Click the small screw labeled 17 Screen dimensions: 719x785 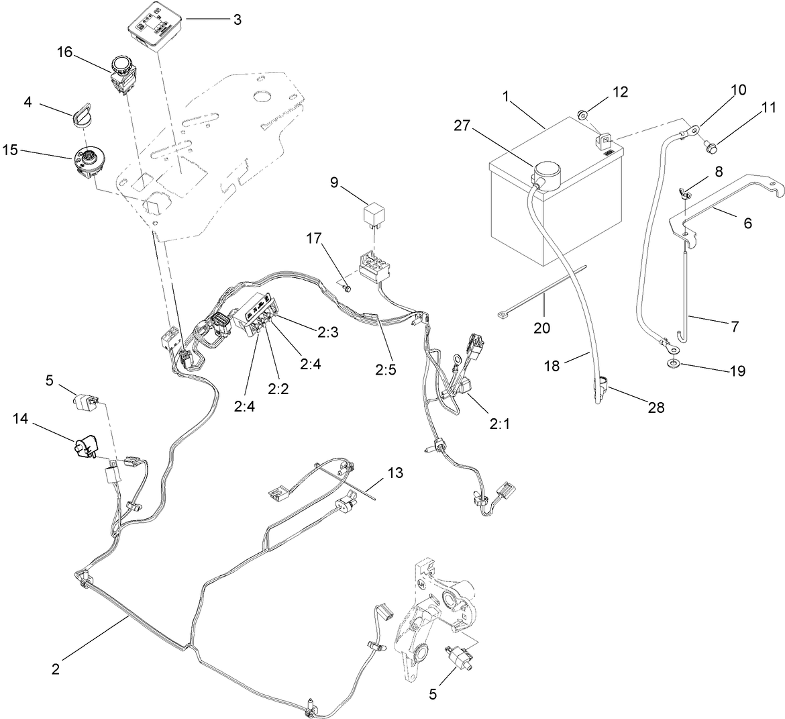[347, 289]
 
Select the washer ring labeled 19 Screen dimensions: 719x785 [672, 363]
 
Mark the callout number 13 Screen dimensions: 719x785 [395, 473]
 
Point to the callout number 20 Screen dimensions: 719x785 [541, 328]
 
